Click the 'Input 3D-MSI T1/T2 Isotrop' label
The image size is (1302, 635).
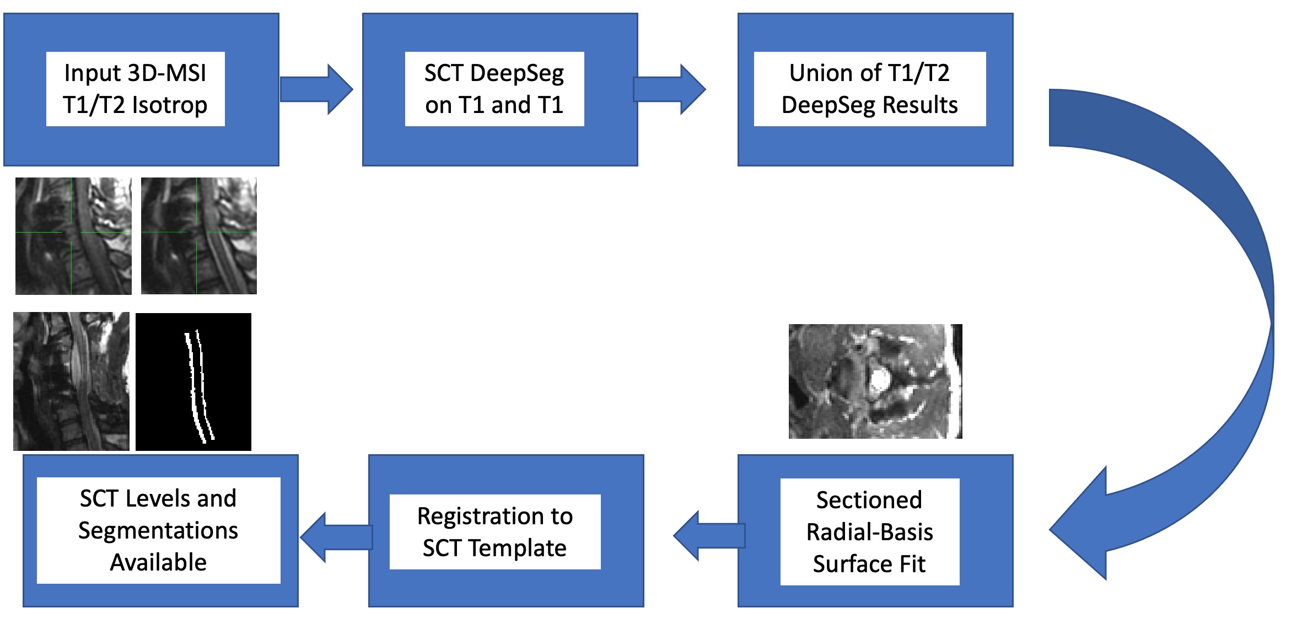click(x=135, y=89)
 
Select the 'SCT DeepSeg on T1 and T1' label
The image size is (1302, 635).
click(x=494, y=89)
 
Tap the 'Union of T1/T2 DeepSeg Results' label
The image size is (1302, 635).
click(x=869, y=89)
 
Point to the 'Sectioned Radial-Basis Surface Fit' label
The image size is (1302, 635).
click(x=869, y=532)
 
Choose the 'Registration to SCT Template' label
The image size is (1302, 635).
click(x=495, y=532)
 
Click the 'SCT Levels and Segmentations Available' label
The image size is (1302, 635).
click(x=158, y=530)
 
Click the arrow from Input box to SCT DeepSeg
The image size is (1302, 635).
click(x=316, y=89)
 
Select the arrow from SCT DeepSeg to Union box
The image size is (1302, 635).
click(x=669, y=89)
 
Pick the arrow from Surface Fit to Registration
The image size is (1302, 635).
click(x=709, y=536)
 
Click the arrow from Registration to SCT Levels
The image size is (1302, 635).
click(x=336, y=537)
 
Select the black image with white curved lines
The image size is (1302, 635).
click(x=193, y=382)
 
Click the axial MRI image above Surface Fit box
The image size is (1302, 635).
click(x=875, y=381)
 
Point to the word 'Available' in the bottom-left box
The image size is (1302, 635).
click(x=158, y=563)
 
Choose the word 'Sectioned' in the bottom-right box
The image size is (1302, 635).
click(x=869, y=500)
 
